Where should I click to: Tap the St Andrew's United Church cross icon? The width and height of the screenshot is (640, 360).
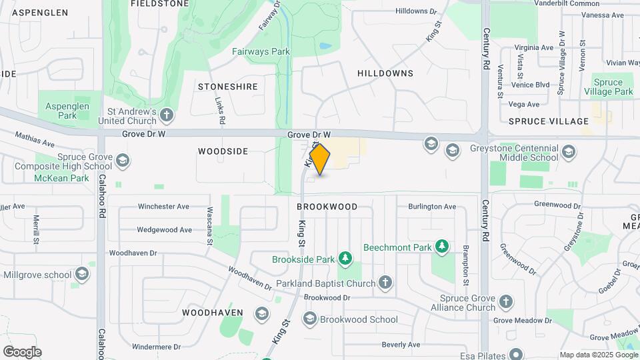[x=166, y=116]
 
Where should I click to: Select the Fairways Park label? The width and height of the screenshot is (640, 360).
[x=261, y=51]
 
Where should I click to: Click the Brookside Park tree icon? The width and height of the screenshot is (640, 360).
[x=345, y=258]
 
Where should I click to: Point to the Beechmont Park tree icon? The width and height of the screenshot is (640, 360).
[x=441, y=247]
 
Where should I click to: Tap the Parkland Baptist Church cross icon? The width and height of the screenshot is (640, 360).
[x=385, y=283]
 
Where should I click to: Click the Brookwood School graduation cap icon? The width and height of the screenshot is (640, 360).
[x=309, y=319]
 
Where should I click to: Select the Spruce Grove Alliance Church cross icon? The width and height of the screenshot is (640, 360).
[x=505, y=302]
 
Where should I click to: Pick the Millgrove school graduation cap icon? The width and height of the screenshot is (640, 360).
[x=81, y=274]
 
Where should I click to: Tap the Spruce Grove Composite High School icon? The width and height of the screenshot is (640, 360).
[x=122, y=160]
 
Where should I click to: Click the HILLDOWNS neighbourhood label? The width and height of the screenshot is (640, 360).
[x=385, y=73]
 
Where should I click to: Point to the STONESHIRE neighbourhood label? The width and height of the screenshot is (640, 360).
[x=227, y=87]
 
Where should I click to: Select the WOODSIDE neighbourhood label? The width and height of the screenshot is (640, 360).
[x=223, y=151]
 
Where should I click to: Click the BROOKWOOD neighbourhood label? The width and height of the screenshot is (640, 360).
[x=327, y=207]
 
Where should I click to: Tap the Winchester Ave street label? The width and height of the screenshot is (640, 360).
[x=163, y=207]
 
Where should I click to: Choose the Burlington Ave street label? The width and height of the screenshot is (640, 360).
[x=432, y=207]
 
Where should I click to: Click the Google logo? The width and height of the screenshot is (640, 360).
[x=22, y=352]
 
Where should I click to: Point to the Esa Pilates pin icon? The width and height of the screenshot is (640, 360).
[x=515, y=354]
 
